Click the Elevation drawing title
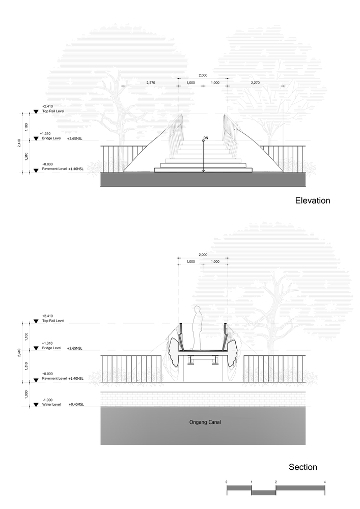coord(313,201)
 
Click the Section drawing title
coord(302,467)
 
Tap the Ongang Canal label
coord(203,422)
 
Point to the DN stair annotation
coord(206,138)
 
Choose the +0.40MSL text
coord(76,405)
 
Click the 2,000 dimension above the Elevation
coord(203,75)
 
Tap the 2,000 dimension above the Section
coord(203,254)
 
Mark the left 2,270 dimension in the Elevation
coord(151,82)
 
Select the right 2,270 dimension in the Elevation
coord(255,82)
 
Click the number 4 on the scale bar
coord(324,482)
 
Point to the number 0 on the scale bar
coord(227,482)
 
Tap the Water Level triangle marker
coord(36,405)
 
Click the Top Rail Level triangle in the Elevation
coord(36,112)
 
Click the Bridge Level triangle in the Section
coord(36,349)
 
